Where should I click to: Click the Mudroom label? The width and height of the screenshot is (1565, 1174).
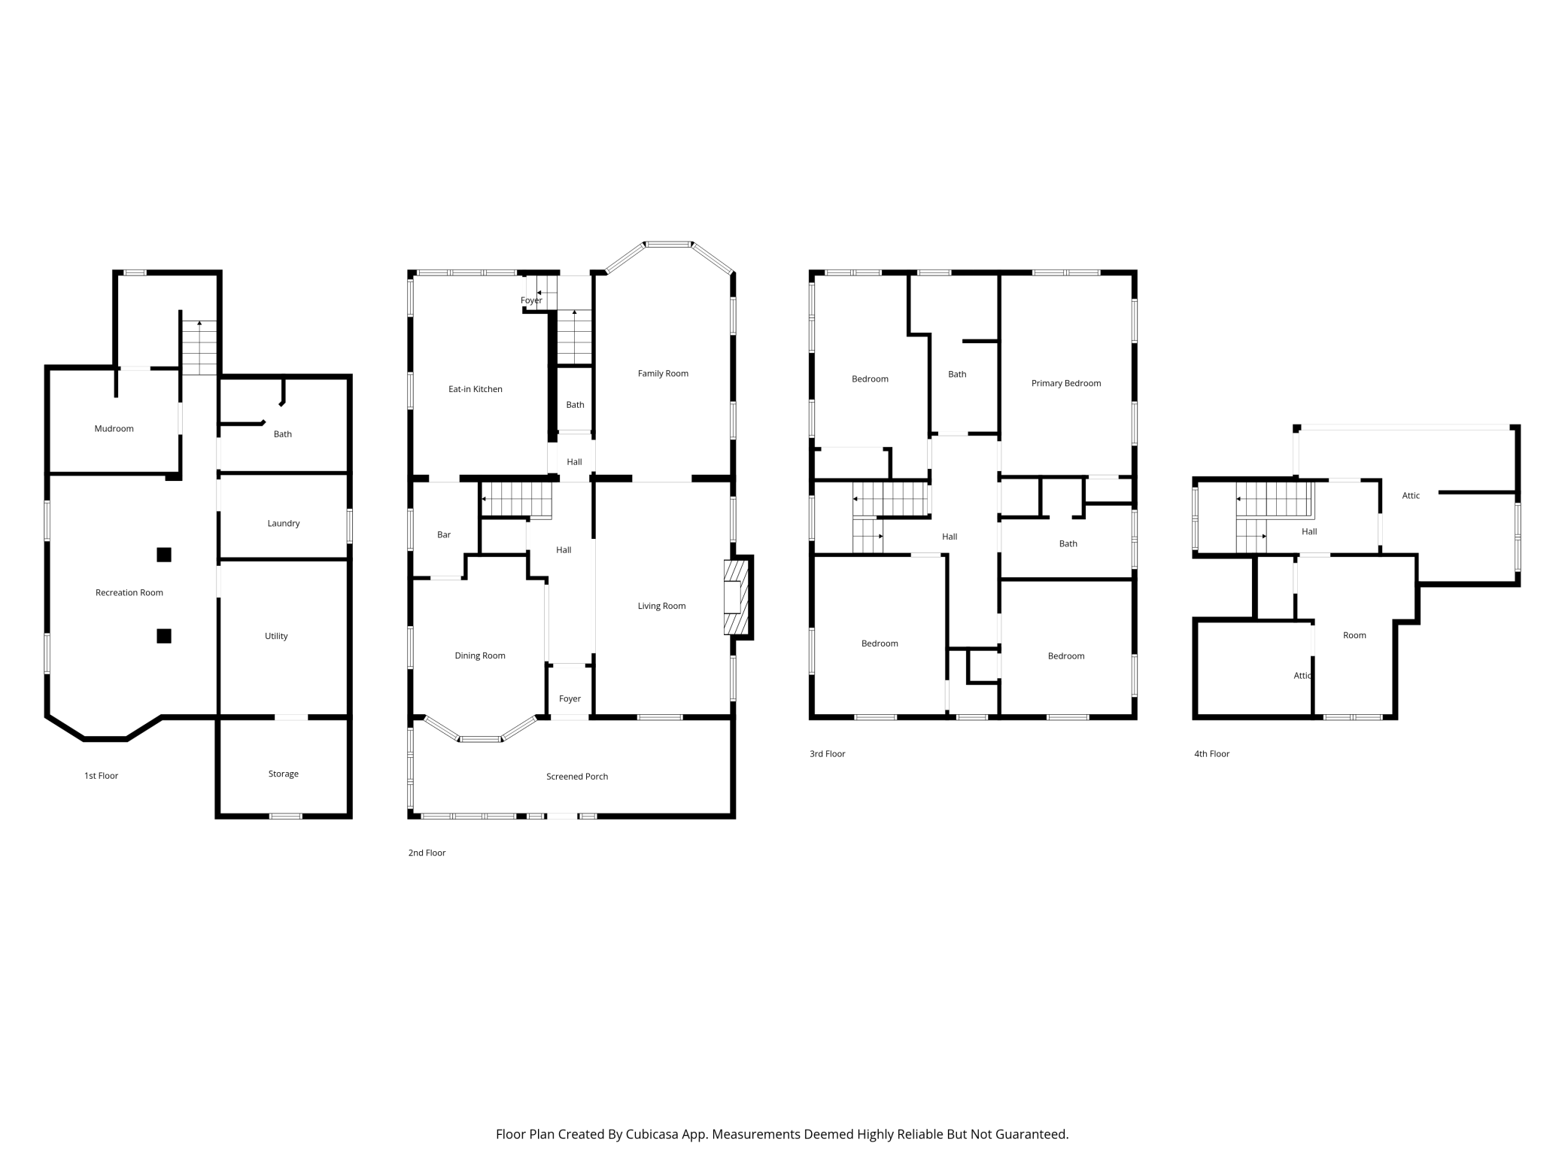(x=114, y=429)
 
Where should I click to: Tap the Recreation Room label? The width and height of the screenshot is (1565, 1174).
(x=129, y=593)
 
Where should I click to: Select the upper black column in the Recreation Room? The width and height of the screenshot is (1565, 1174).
(x=164, y=555)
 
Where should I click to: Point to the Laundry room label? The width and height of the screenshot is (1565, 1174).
(x=284, y=524)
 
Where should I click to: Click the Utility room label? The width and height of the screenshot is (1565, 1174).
(x=276, y=637)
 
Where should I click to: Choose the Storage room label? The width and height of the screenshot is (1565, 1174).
(x=284, y=774)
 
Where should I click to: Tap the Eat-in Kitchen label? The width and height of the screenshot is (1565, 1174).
(x=476, y=389)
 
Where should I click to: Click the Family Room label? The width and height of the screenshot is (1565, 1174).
(x=663, y=374)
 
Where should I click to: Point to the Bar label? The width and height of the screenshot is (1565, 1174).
(x=444, y=535)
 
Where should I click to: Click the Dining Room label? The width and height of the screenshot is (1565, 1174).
(x=480, y=656)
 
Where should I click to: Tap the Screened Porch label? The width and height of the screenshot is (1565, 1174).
(x=577, y=777)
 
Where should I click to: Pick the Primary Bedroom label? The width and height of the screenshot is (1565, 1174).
(x=1066, y=384)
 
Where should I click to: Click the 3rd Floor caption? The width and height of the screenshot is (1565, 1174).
(x=828, y=754)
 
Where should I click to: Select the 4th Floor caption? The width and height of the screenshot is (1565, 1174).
(x=1212, y=754)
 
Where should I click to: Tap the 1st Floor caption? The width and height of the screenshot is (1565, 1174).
(x=102, y=776)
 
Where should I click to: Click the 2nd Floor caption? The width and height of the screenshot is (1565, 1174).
(x=427, y=853)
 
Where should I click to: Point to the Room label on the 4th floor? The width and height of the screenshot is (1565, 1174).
(x=1354, y=636)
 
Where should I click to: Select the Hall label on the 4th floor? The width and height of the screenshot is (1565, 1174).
(x=1309, y=532)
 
